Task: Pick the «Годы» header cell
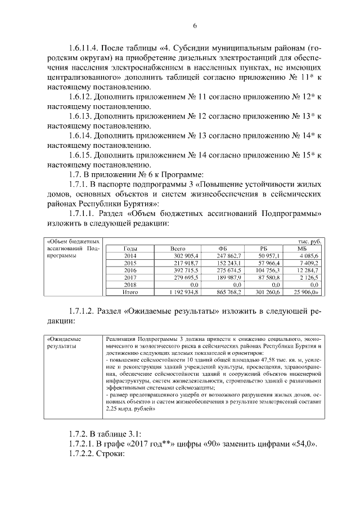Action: [x=130, y=248]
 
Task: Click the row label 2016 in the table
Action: [x=130, y=270]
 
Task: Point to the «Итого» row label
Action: [x=130, y=292]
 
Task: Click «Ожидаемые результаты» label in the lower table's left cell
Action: [x=64, y=344]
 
